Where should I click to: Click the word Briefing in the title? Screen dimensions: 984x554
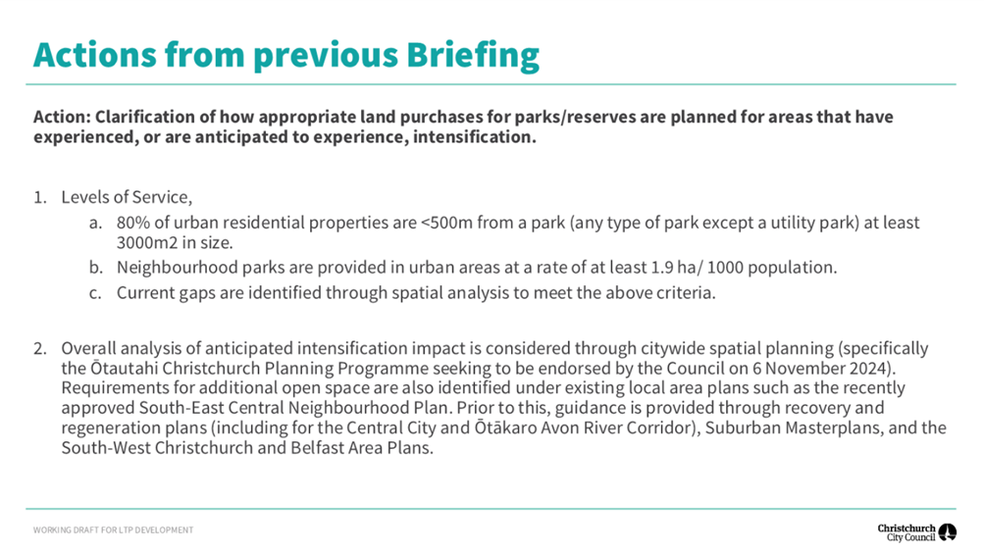[x=473, y=55]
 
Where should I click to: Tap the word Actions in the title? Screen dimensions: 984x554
[x=95, y=55]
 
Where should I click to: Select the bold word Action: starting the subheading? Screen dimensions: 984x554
[x=62, y=117]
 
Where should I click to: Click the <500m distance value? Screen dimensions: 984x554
[x=446, y=223]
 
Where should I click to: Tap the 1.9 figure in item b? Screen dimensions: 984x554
[x=662, y=268]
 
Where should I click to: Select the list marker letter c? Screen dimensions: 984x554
[x=95, y=293]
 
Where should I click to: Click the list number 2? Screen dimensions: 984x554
[x=40, y=348]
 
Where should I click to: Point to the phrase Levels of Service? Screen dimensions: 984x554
[x=127, y=197]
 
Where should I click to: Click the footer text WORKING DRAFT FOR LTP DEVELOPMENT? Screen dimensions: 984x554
[x=113, y=530]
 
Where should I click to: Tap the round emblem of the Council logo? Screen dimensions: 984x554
[x=947, y=532]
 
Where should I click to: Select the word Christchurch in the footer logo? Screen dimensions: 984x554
[x=906, y=529]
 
